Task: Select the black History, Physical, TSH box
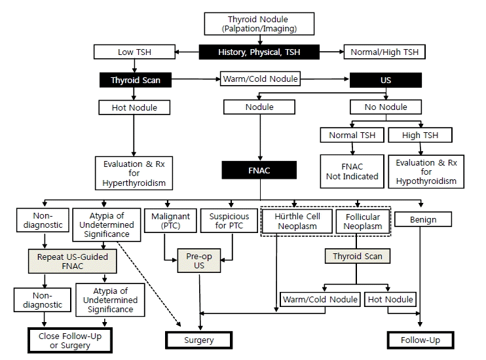(x=259, y=52)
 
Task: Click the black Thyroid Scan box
(x=136, y=81)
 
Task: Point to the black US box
(x=386, y=81)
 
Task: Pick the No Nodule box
(x=386, y=107)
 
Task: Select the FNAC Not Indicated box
(x=352, y=171)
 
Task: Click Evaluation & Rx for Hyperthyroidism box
(x=135, y=171)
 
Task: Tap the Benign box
(x=423, y=219)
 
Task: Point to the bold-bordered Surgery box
(x=198, y=340)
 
